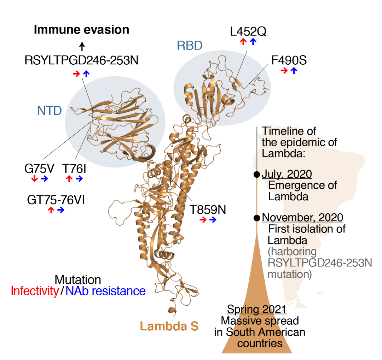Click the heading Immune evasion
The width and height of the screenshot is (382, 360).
click(x=81, y=30)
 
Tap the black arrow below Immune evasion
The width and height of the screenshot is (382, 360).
click(x=82, y=46)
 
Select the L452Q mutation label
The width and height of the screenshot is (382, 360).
click(x=248, y=31)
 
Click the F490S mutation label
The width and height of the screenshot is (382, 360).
click(x=289, y=60)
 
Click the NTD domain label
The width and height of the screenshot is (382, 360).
click(x=50, y=111)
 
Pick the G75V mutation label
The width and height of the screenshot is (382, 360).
click(x=39, y=168)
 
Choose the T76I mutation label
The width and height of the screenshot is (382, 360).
click(x=74, y=168)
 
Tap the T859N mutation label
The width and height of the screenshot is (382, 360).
click(x=207, y=209)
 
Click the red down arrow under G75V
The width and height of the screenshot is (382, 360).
click(x=34, y=179)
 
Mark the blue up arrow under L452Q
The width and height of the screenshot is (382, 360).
click(x=253, y=42)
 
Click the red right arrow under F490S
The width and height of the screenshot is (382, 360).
click(x=284, y=71)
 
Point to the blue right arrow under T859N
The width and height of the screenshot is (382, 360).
click(x=213, y=220)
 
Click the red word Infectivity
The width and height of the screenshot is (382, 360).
click(x=35, y=291)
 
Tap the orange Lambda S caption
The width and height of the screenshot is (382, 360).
click(x=169, y=326)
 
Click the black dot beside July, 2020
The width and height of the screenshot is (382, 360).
click(x=257, y=175)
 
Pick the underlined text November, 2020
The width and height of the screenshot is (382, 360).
click(x=302, y=217)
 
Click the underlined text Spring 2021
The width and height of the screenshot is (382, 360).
click(x=256, y=309)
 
